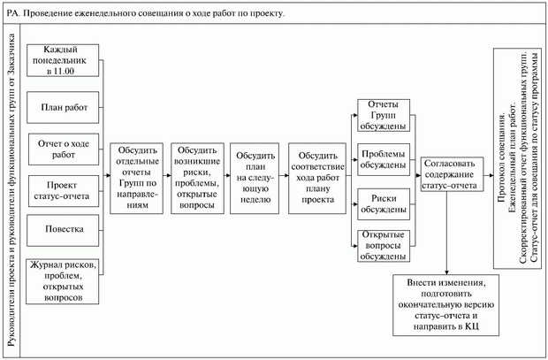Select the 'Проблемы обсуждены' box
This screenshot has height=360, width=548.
pos(383,158)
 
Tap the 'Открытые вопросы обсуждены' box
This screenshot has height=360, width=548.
pos(383,245)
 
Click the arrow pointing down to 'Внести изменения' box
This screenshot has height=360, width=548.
pos(449,257)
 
